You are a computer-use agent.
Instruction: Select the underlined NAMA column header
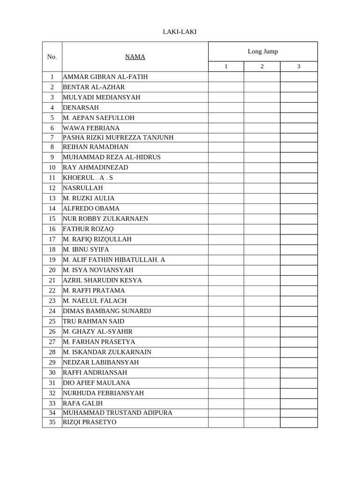[x=135, y=57]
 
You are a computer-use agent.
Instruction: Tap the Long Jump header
[x=262, y=51]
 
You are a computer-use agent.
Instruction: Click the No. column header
[x=52, y=57]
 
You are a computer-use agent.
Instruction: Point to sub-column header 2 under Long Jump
[x=262, y=66]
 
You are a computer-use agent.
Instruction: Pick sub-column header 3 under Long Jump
[x=299, y=66]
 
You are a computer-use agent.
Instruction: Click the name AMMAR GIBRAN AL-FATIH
[x=105, y=77]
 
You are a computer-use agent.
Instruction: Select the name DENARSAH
[x=81, y=107]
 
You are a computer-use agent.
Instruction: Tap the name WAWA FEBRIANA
[x=91, y=128]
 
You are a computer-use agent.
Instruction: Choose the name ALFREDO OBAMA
[x=91, y=208]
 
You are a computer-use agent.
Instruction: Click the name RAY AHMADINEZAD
[x=95, y=167]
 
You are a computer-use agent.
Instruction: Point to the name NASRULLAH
[x=82, y=188]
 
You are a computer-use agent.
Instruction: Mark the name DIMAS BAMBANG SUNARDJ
[x=107, y=311]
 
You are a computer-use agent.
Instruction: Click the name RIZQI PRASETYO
[x=90, y=422]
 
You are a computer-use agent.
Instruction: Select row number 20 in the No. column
[x=52, y=270]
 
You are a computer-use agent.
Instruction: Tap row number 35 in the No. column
[x=52, y=422]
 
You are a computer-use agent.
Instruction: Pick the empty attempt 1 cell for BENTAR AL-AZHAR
[x=226, y=87]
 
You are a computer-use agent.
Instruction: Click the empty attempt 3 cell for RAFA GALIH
[x=299, y=403]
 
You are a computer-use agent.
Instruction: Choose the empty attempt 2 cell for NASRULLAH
[x=262, y=188]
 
